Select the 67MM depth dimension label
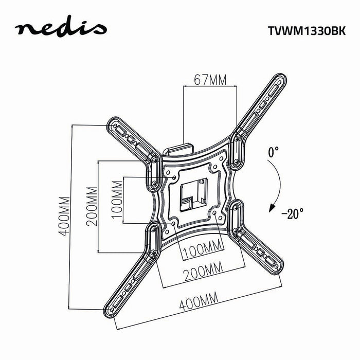click(x=210, y=80)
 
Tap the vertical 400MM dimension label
click(x=63, y=216)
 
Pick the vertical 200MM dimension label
click(x=92, y=206)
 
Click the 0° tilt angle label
click(x=273, y=152)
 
